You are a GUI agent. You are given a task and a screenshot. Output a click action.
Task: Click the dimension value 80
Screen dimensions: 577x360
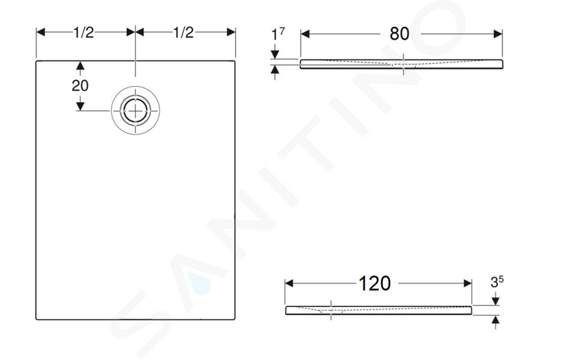click(x=399, y=34)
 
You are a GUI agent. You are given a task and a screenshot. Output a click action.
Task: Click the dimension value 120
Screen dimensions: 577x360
click(x=374, y=284)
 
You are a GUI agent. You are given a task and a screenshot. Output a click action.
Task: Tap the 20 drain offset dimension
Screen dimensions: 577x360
click(x=80, y=86)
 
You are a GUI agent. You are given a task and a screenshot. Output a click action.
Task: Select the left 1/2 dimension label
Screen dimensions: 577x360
click(x=84, y=33)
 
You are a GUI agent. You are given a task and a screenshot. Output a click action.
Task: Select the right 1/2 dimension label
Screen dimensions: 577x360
click(x=183, y=33)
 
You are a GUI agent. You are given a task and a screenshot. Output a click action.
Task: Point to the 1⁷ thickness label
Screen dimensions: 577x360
click(x=278, y=34)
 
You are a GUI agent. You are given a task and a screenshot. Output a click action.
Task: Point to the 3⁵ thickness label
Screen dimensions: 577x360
click(x=497, y=282)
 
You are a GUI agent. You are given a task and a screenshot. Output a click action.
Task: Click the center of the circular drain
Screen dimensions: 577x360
click(x=135, y=111)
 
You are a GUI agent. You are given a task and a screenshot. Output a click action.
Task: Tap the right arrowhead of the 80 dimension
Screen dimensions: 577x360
click(x=498, y=34)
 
